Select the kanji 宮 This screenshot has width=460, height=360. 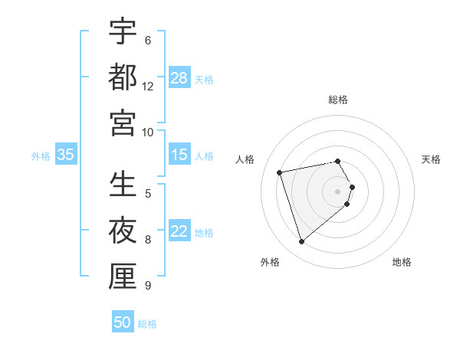click(123, 123)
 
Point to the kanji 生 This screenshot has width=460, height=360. click(123, 185)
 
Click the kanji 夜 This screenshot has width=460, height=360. click(123, 231)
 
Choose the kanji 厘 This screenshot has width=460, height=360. click(123, 277)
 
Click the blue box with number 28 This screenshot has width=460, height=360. click(179, 78)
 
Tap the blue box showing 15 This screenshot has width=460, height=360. click(179, 155)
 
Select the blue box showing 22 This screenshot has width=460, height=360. click(179, 232)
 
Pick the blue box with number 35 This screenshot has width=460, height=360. click(65, 155)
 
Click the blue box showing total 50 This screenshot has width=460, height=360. click(123, 322)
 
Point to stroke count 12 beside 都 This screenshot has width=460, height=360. click(148, 87)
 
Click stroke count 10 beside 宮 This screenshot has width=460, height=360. click(148, 132)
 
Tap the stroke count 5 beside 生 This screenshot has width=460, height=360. click(148, 194)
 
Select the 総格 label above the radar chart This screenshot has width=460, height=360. click(338, 100)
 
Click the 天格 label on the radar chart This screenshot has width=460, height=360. click(431, 159)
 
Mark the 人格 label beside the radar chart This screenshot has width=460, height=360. click(245, 159)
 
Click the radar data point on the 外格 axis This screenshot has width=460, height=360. click(301, 242)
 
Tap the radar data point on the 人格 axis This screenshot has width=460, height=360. click(280, 172)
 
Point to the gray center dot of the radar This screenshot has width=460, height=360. click(338, 191)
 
